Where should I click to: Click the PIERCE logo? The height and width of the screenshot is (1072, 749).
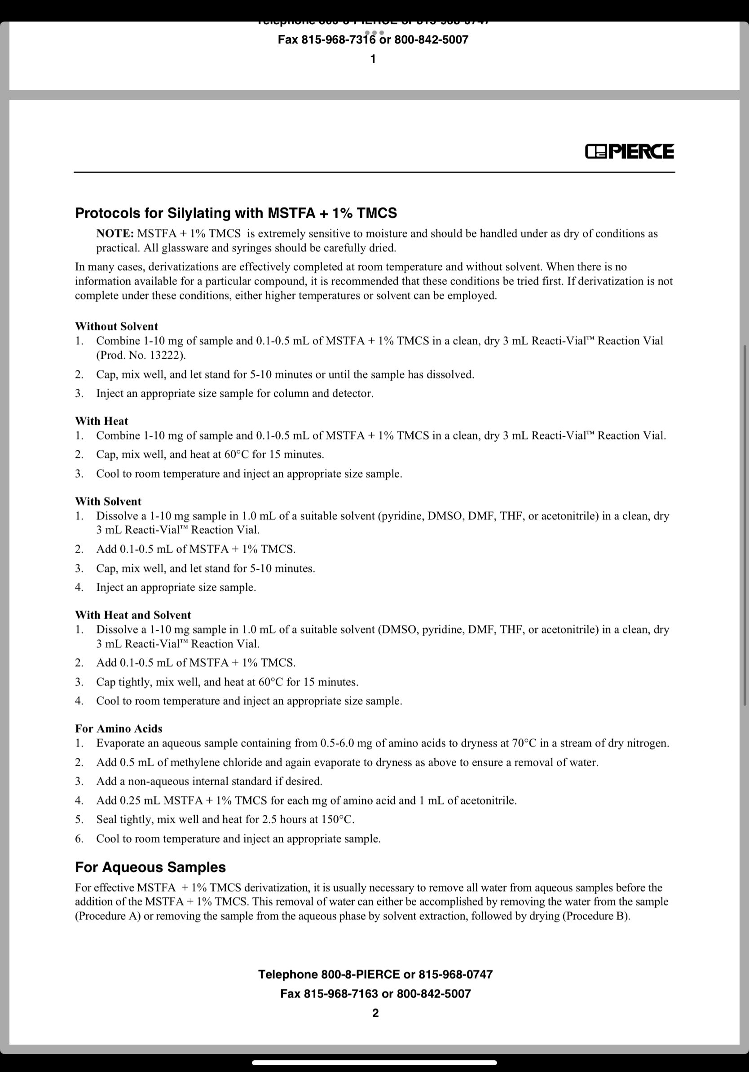point(629,151)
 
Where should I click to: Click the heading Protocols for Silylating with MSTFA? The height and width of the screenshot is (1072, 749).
point(236,213)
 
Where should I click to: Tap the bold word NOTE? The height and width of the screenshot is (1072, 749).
point(115,233)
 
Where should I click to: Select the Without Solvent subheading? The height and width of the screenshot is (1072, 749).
point(116,326)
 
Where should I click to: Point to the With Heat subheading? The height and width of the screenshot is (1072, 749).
point(101,421)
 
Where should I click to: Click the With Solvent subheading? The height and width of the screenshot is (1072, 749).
point(108,501)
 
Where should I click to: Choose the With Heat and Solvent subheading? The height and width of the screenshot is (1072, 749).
point(133,615)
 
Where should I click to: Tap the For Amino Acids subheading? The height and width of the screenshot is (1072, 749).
point(119,729)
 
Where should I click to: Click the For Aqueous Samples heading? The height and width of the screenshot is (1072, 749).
point(150,867)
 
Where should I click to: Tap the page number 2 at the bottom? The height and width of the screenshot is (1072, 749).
point(375,1013)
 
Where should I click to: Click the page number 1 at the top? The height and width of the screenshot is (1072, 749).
point(373,59)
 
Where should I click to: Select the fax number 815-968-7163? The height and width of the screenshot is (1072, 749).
point(341,993)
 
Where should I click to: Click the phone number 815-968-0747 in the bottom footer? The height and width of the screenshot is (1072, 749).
point(455,975)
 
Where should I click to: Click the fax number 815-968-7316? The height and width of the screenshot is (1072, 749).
point(338,40)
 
